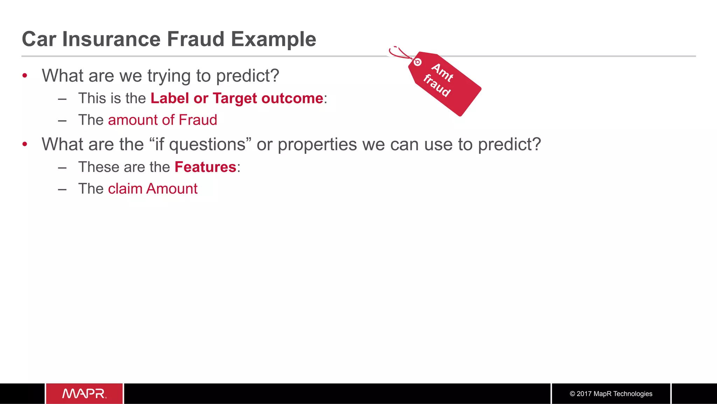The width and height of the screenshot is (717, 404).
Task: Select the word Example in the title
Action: pos(273,40)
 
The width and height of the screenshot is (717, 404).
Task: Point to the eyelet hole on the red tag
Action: pos(417,62)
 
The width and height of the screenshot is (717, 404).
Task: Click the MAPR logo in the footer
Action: pos(84,393)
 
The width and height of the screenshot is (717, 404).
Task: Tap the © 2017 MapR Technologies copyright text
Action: pos(611,393)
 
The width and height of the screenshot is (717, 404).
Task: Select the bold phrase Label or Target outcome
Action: pos(237,98)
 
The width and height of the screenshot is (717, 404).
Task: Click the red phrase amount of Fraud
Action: pos(162,120)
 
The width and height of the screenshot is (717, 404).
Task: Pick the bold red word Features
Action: pos(205,167)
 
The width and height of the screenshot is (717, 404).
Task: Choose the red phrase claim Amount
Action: pos(153,189)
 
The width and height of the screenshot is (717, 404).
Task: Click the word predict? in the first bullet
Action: pos(247,76)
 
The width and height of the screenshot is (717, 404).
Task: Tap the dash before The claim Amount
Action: pos(62,190)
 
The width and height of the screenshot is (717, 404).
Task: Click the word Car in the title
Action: pos(39,39)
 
